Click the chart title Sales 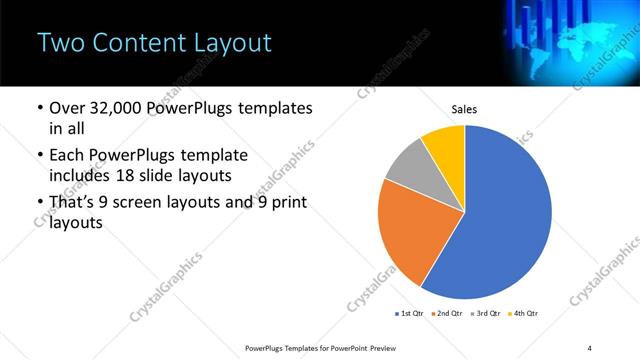click(x=464, y=109)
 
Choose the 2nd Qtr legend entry click(x=447, y=314)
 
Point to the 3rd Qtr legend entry click(x=486, y=314)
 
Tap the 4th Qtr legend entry click(x=524, y=314)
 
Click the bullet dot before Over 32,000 click(x=39, y=108)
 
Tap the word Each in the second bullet click(x=69, y=156)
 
